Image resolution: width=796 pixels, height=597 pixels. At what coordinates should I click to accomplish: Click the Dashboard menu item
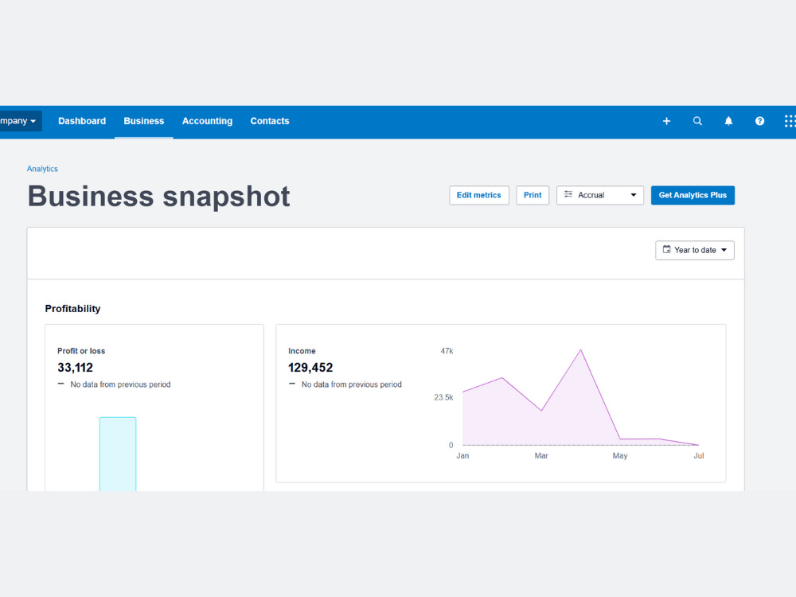point(82,121)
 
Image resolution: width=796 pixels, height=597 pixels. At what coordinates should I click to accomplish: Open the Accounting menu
point(207,121)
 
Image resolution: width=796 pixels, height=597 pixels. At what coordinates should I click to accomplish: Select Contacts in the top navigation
point(270,121)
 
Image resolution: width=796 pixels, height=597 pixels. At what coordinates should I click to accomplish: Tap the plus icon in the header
point(666,121)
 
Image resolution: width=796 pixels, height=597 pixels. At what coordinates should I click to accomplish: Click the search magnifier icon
point(697,121)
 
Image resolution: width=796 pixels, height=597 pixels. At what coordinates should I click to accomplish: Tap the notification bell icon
point(728,121)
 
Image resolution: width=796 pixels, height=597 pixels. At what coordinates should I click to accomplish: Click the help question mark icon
point(759,121)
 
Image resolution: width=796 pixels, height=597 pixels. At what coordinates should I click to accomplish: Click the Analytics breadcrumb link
point(42,169)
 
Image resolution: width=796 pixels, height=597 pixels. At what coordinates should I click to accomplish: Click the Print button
point(533,196)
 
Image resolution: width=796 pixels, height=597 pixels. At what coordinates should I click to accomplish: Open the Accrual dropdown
point(600,196)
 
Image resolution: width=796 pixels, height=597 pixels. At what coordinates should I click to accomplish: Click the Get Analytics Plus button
point(693,196)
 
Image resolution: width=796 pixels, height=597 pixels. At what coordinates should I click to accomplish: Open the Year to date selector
point(694,250)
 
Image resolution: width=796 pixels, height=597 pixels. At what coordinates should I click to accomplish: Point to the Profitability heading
point(72,309)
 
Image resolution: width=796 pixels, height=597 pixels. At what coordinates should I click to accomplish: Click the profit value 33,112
point(75,368)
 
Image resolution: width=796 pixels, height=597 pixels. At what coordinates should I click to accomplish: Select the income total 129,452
point(310,368)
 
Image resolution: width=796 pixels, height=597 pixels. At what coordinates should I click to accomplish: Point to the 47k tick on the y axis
point(447,351)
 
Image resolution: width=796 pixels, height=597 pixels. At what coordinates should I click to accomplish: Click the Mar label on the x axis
point(541,456)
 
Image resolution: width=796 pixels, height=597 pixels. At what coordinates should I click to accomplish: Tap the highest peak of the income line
point(581,349)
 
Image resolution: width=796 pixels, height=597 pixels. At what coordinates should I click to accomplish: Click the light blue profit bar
point(118,454)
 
